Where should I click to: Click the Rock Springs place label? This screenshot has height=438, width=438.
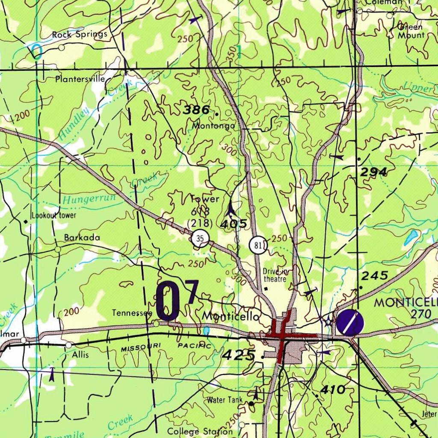pos(80,35)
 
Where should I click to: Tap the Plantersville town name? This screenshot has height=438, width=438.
pos(80,79)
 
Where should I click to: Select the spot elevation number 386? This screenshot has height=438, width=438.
pos(196,110)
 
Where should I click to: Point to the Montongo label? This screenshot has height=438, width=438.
pos(213,126)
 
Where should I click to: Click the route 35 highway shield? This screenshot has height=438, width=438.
pos(200,239)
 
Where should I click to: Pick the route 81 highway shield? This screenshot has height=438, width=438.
pos(258,246)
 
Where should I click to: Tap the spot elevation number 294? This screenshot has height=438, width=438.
pos(374,172)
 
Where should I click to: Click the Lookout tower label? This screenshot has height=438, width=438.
pos(54,215)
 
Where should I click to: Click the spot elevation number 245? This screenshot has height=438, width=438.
pos(375,275)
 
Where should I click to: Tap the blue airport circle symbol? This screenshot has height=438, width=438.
pos(349,323)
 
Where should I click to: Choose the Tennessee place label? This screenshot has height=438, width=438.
pos(132,313)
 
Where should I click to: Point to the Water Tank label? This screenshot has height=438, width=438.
pos(225,400)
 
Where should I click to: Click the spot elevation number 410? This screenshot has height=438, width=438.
pos(333,389)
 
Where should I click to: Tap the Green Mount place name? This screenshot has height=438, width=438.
pos(411,31)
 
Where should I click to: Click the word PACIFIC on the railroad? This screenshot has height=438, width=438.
pos(195,345)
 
